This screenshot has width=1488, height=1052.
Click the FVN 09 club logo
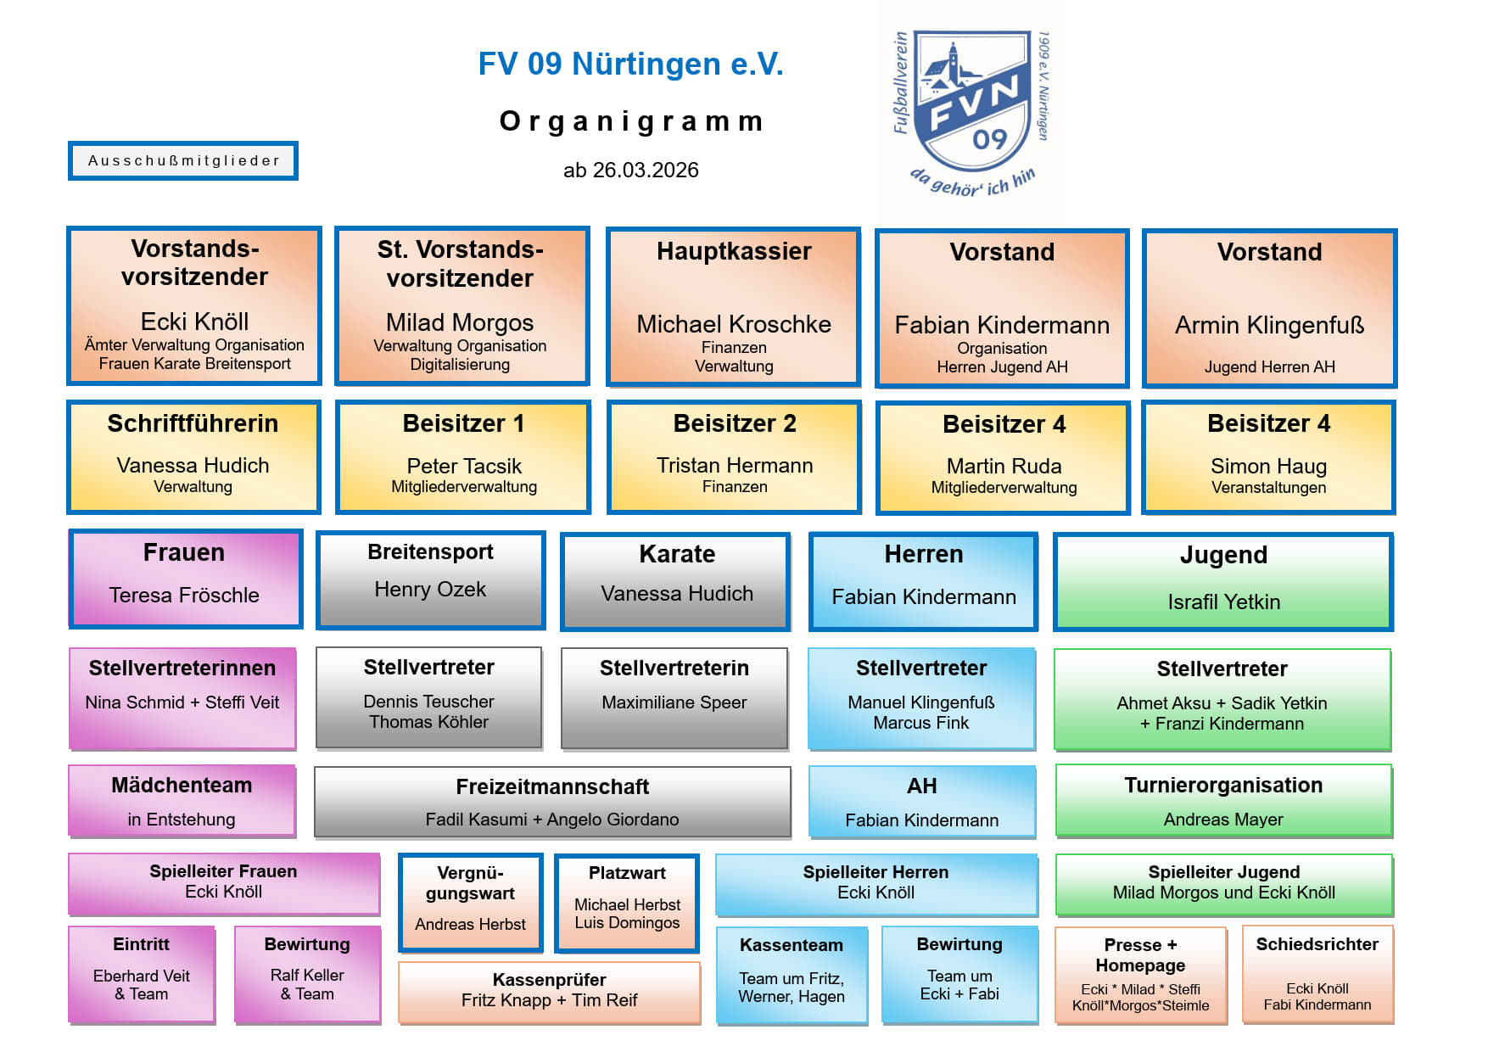(x=972, y=110)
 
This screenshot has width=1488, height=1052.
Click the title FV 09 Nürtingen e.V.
(x=630, y=64)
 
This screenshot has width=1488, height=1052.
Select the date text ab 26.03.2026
(x=630, y=171)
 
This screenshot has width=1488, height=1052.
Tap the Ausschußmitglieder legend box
(x=183, y=161)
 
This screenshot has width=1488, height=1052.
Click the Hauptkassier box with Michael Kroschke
(x=734, y=307)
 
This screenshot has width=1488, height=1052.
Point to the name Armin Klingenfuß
(x=1269, y=325)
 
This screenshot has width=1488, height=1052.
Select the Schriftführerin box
(x=193, y=457)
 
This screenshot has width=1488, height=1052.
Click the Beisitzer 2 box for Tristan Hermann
(x=735, y=457)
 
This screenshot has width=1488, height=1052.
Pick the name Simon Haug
(x=1268, y=467)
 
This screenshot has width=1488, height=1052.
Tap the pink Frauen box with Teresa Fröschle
(x=185, y=579)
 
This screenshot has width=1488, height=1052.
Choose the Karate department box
(x=676, y=581)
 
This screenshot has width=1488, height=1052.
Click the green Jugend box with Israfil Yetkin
(x=1222, y=582)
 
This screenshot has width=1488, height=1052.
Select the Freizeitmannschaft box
(x=552, y=802)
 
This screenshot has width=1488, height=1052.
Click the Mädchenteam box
(x=182, y=801)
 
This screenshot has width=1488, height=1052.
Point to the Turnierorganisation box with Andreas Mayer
(x=1222, y=801)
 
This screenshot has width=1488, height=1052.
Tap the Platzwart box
(x=627, y=903)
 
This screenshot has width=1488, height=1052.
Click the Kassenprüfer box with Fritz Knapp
(x=549, y=992)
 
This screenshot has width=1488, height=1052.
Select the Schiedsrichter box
(x=1317, y=974)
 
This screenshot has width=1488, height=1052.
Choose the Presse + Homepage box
(x=1140, y=974)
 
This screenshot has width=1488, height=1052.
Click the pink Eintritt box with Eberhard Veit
(x=142, y=974)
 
